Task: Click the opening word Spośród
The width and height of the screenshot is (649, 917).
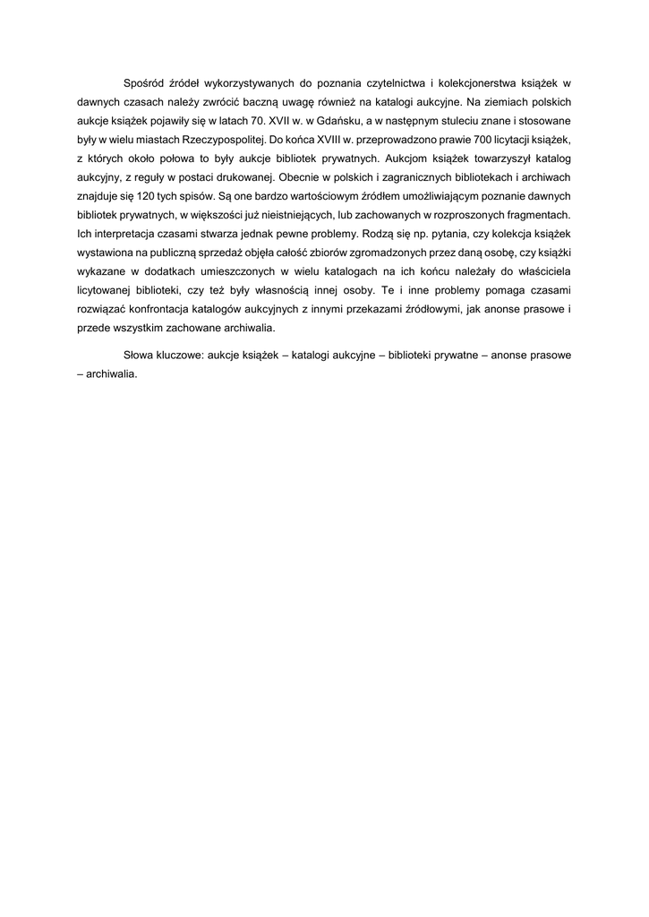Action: tap(143, 83)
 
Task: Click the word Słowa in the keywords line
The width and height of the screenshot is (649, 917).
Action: tap(140, 354)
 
